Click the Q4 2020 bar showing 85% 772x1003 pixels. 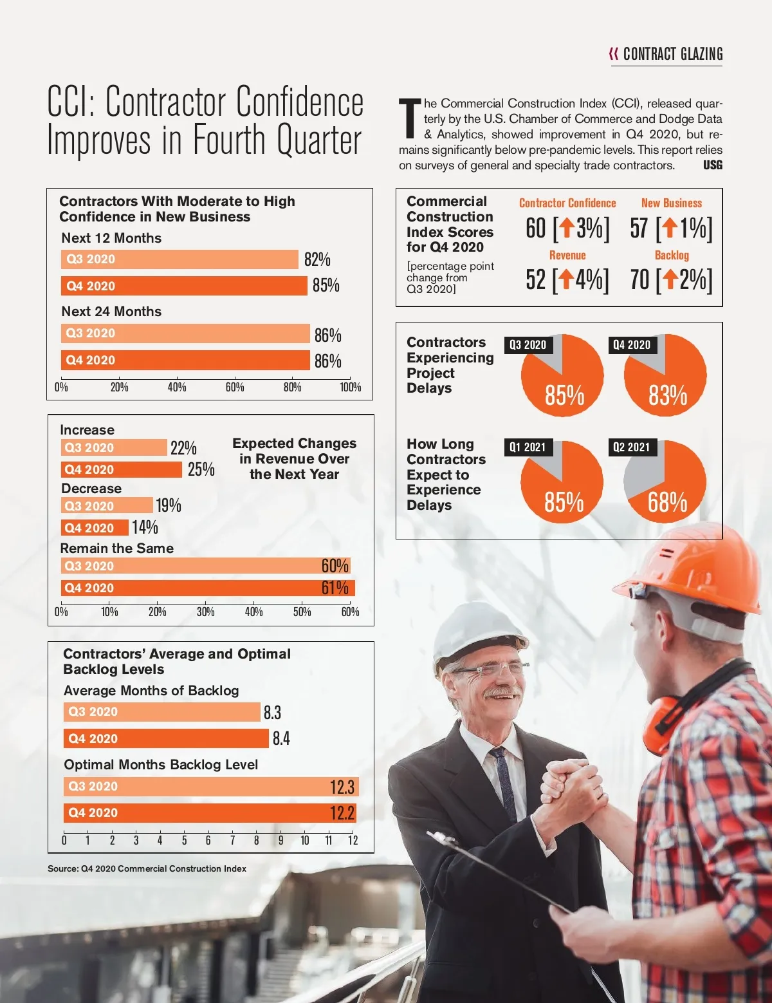[184, 286]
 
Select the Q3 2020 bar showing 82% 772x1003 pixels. [180, 259]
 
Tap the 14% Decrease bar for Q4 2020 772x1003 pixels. [95, 528]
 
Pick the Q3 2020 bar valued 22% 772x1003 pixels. [114, 447]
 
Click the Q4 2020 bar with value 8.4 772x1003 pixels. [166, 738]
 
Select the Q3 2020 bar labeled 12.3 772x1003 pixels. [211, 787]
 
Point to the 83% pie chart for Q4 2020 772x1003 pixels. [665, 376]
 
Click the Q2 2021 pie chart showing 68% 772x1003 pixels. [665, 482]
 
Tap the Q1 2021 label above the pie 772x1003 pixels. [528, 447]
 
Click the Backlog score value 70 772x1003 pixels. [639, 280]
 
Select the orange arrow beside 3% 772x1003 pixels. [566, 227]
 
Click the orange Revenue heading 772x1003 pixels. [567, 255]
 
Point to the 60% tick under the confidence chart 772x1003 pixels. [235, 387]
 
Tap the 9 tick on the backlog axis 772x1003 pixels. [280, 840]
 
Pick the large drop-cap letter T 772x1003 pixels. [410, 118]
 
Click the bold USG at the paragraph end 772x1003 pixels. [713, 165]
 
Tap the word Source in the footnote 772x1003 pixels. [62, 868]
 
